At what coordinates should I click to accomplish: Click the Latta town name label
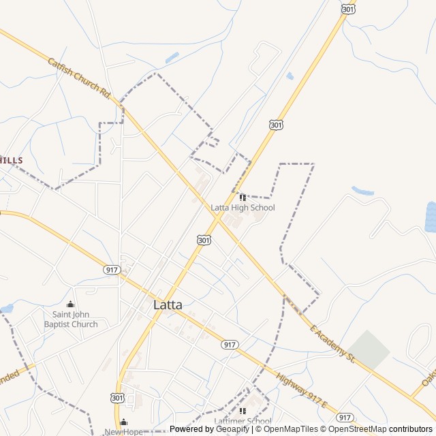point(168,305)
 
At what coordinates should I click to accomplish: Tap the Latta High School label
point(243,207)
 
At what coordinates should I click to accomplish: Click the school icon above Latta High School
point(243,198)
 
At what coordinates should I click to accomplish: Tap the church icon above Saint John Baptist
point(71,305)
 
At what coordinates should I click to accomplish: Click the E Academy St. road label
point(333,344)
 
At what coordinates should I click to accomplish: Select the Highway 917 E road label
point(302,391)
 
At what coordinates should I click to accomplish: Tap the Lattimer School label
point(243,421)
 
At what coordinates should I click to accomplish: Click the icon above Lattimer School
point(243,411)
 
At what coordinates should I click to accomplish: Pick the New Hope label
point(123,432)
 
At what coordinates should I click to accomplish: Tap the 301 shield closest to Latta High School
point(204,240)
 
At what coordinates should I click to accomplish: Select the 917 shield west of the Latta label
point(112,270)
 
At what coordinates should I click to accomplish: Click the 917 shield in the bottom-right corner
point(345,417)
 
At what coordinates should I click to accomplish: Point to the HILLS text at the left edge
point(12,160)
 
